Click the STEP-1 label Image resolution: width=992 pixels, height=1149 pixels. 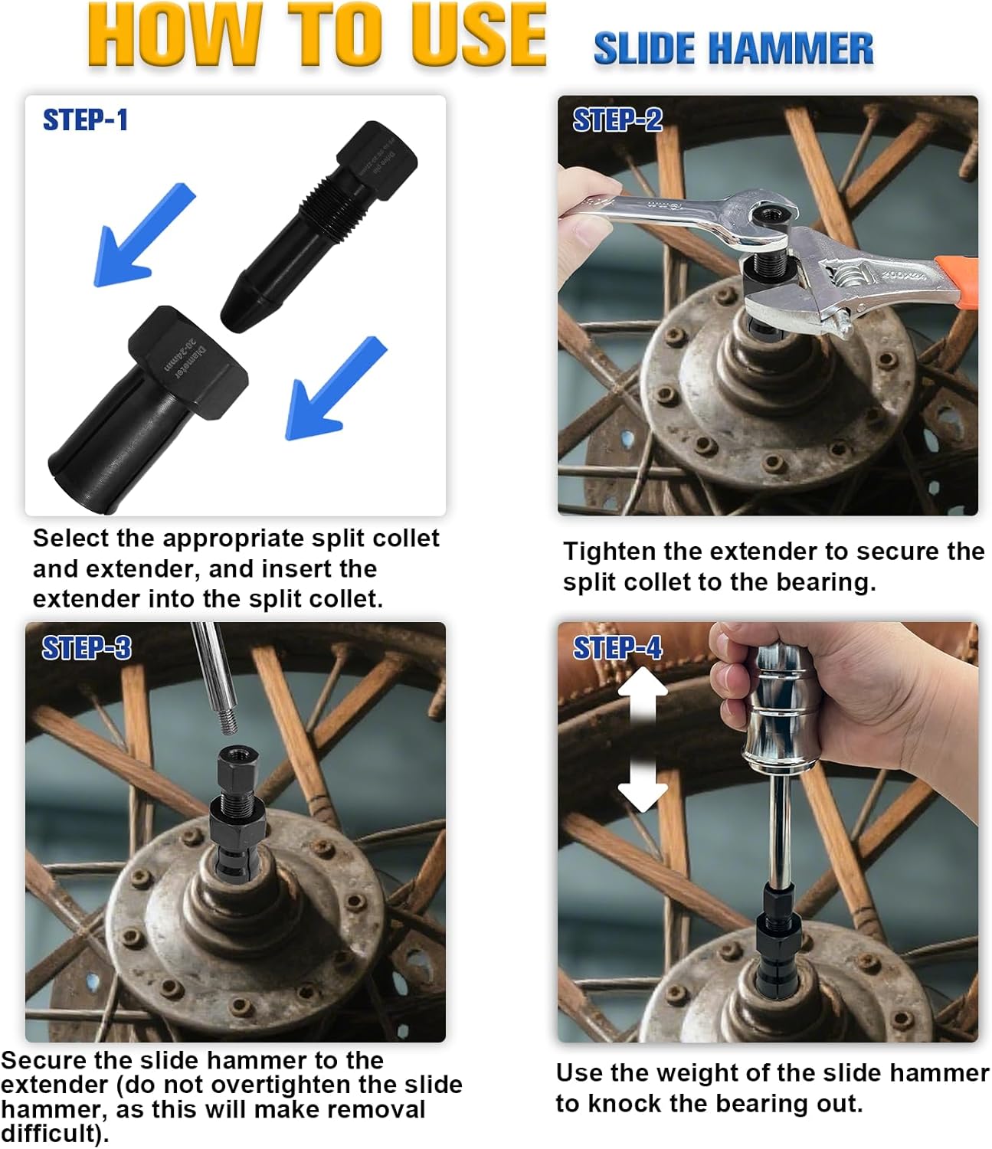[x=85, y=120]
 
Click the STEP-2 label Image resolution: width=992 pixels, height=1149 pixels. [x=617, y=120]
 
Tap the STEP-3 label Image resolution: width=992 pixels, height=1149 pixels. [x=87, y=648]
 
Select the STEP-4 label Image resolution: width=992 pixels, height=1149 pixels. [x=617, y=648]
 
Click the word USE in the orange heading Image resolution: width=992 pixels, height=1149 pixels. [x=477, y=35]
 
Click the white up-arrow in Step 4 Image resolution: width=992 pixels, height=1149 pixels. [x=642, y=693]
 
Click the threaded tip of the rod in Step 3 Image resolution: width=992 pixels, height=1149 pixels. [x=228, y=722]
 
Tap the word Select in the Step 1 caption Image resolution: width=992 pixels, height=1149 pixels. [x=71, y=538]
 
